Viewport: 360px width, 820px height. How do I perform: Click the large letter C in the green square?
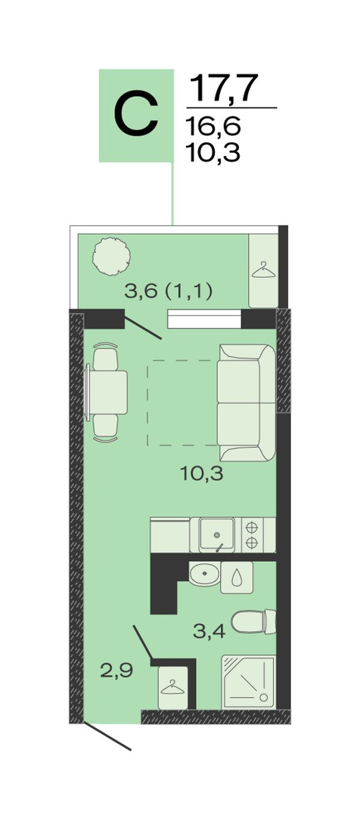pyautogui.click(x=136, y=116)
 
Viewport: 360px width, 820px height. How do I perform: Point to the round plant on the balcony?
pyautogui.click(x=112, y=256)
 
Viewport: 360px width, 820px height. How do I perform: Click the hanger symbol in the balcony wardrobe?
pyautogui.click(x=263, y=270)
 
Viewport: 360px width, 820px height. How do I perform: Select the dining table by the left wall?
pyautogui.click(x=106, y=393)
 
